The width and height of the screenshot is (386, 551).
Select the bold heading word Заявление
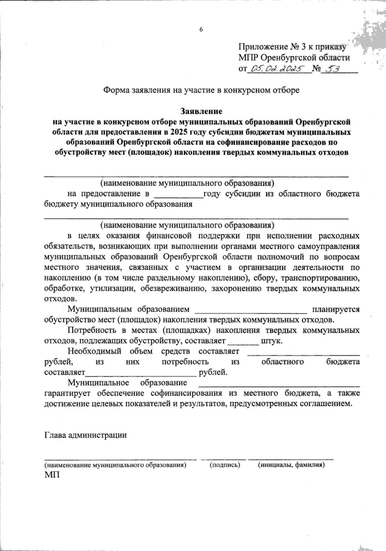(x=201, y=112)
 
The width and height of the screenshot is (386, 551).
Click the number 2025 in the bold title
(x=180, y=132)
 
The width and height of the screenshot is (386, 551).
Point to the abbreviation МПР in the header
(x=248, y=58)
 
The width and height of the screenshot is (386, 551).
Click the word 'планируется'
(x=334, y=310)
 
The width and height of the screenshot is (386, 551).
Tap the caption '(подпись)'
(x=225, y=465)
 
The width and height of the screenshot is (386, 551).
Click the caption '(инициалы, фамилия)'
(x=291, y=465)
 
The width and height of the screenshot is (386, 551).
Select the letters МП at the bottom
(x=52, y=475)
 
